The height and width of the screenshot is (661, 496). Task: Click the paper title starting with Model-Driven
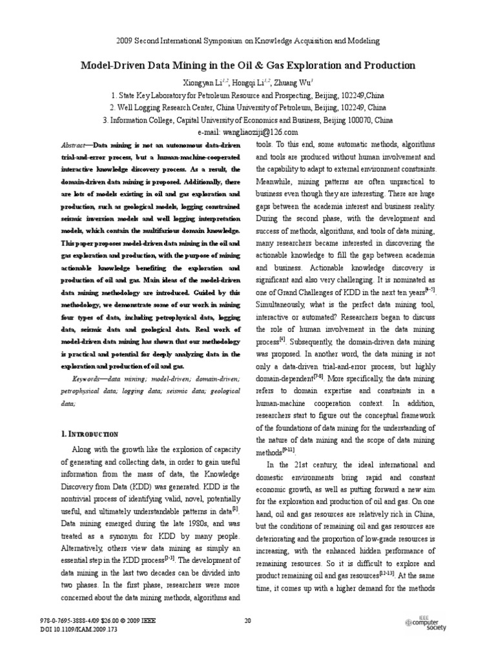247,66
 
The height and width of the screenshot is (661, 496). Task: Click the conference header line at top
247,41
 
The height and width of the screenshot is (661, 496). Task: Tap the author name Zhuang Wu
293,83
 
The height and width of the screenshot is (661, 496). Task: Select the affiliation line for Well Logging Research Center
247,107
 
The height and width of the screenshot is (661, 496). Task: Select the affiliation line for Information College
247,119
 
